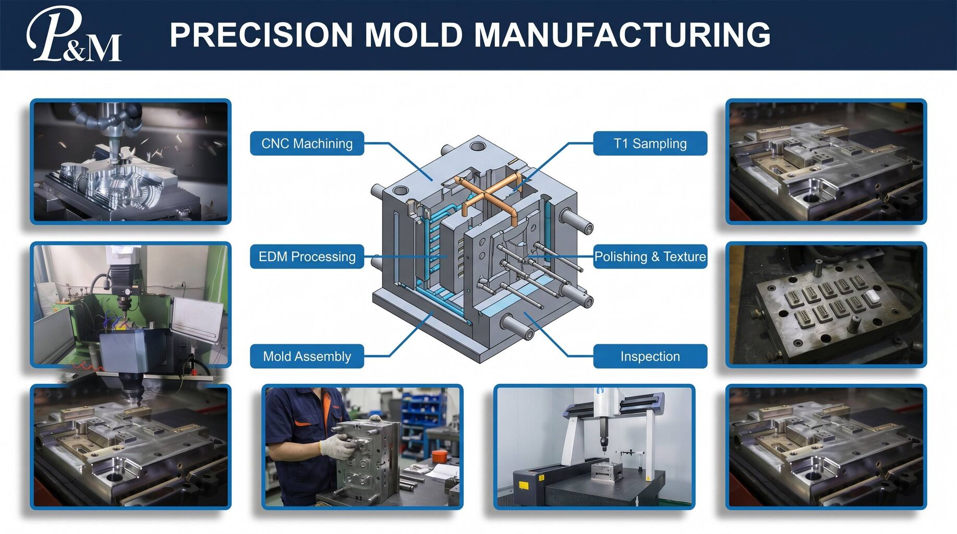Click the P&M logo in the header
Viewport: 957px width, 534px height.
pos(74,34)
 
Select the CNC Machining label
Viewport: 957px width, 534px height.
pos(307,143)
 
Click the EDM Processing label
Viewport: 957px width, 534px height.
pos(307,257)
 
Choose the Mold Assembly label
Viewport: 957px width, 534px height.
pos(307,356)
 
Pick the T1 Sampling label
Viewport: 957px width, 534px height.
pos(650,143)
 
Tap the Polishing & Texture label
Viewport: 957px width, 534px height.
pos(650,257)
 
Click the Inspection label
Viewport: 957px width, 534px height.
pos(650,356)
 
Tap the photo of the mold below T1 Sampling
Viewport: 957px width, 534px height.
pos(826,162)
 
